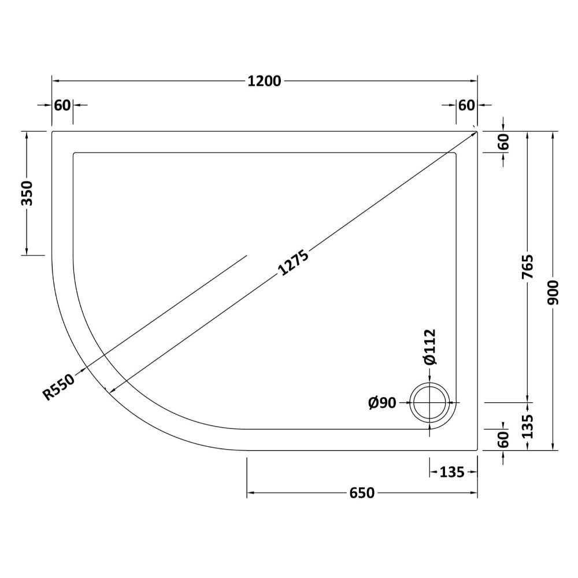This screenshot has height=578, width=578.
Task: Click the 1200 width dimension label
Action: pyautogui.click(x=264, y=81)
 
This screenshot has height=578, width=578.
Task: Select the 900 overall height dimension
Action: pyautogui.click(x=553, y=292)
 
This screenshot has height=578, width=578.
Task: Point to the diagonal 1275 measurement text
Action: pyautogui.click(x=293, y=262)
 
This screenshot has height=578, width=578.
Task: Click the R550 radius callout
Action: pyautogui.click(x=59, y=387)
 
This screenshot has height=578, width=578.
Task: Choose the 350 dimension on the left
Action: pyautogui.click(x=27, y=193)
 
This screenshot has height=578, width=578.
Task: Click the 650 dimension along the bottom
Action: pyautogui.click(x=362, y=493)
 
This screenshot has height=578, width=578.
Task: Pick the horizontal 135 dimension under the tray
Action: pyautogui.click(x=452, y=472)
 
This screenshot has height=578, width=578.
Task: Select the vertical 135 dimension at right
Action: pyautogui.click(x=528, y=426)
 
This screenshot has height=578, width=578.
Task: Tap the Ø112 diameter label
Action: pyautogui.click(x=430, y=347)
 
